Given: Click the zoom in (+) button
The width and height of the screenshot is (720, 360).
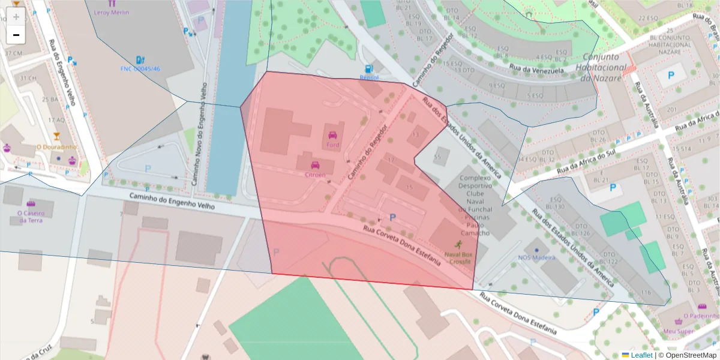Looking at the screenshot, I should [16, 17].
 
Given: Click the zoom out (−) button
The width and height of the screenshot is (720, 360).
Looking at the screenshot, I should [16, 35].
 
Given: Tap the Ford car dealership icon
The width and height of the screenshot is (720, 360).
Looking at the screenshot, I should [333, 135].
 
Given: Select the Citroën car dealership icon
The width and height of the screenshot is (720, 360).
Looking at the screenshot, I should [315, 165].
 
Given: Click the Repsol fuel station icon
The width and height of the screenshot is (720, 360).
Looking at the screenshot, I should [369, 69].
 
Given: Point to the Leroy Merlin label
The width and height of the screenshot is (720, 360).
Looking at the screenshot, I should [112, 13].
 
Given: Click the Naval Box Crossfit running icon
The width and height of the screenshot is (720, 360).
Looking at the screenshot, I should [459, 245].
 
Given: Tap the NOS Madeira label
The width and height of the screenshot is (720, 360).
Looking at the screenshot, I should [537, 258].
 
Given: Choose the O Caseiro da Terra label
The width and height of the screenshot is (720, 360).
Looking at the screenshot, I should [31, 216].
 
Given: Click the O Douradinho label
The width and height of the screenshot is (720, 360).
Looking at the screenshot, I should [56, 147].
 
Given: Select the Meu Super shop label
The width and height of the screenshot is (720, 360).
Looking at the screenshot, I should [678, 331].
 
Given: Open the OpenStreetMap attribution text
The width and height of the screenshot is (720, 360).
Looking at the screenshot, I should [691, 355].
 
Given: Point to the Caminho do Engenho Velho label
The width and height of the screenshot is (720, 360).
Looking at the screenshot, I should [172, 201].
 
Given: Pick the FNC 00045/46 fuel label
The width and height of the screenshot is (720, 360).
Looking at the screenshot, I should [140, 69].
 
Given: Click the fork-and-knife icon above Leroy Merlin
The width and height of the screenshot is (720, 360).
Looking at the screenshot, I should [112, 3].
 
